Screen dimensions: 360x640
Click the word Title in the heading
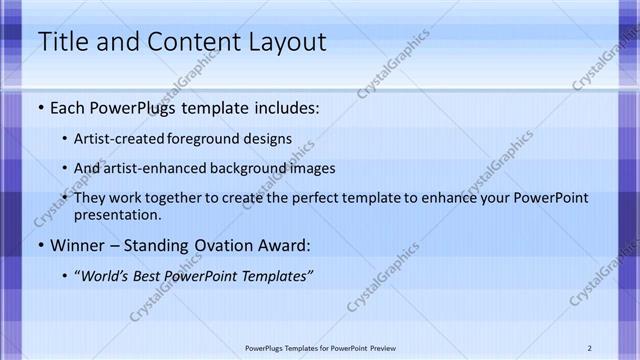tap(59, 42)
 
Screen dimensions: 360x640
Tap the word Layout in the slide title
tap(281, 42)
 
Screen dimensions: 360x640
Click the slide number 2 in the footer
tap(590, 347)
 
